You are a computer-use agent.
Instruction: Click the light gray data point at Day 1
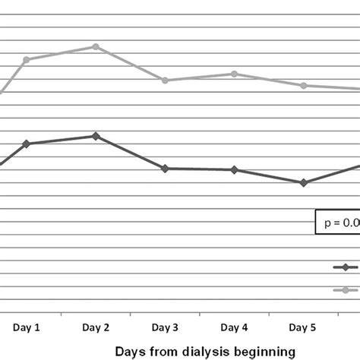[27, 59]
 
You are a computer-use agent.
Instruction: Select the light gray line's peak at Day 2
[96, 46]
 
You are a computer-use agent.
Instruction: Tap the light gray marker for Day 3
[165, 80]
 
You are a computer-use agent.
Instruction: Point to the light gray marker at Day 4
[234, 74]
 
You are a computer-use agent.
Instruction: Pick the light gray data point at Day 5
[303, 85]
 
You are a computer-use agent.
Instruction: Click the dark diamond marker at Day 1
[27, 144]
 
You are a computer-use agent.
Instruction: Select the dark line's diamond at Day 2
[96, 136]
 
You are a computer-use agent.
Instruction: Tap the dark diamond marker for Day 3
[165, 168]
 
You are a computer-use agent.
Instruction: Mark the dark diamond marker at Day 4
[234, 169]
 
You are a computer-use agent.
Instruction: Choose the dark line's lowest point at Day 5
[303, 182]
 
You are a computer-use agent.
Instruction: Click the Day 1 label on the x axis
[27, 327]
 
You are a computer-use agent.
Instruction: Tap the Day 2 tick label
[96, 327]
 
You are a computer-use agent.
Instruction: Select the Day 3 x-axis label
[165, 327]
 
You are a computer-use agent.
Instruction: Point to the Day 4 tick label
[234, 327]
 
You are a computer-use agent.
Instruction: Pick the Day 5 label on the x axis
[303, 327]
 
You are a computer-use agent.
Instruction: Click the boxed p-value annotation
[337, 223]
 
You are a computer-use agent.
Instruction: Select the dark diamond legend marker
[346, 267]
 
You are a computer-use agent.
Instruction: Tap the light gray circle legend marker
[346, 289]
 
